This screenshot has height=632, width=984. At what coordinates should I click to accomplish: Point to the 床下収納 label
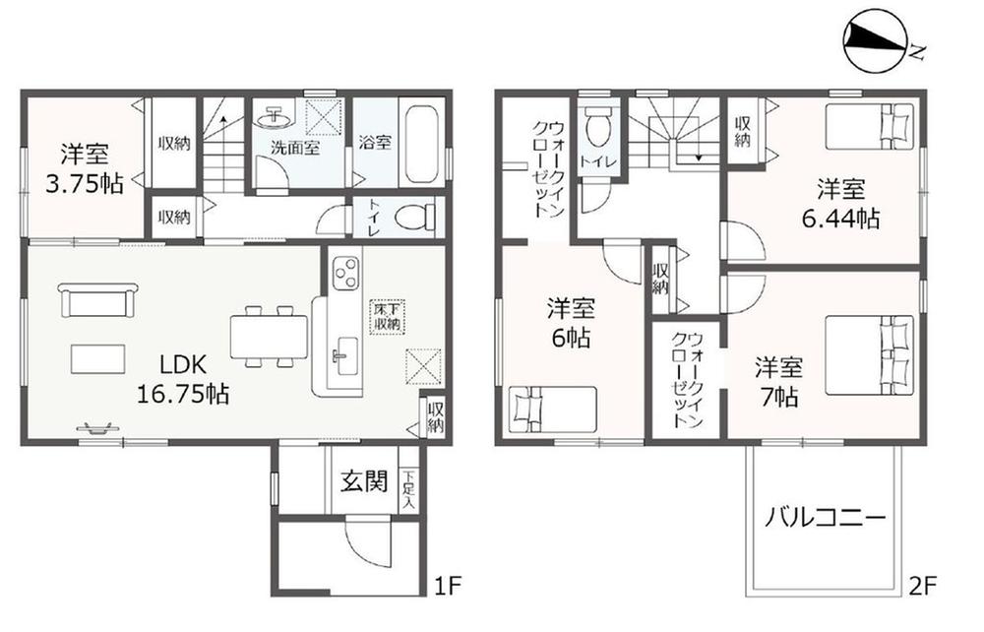coord(387,316)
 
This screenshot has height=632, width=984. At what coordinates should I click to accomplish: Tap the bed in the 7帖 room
coord(869,354)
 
